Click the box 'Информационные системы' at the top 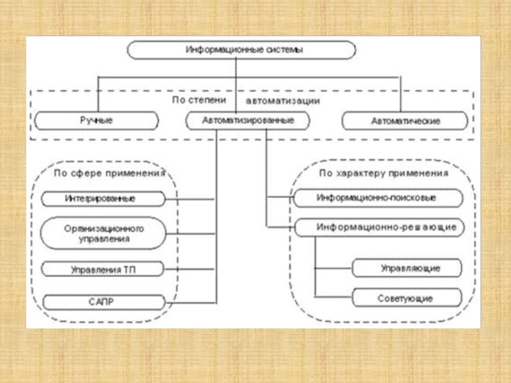click(x=241, y=50)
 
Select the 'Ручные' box click(x=96, y=120)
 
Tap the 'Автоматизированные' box click(x=248, y=120)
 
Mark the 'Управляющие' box click(x=406, y=268)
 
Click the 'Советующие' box click(x=406, y=298)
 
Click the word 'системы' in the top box click(x=278, y=50)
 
